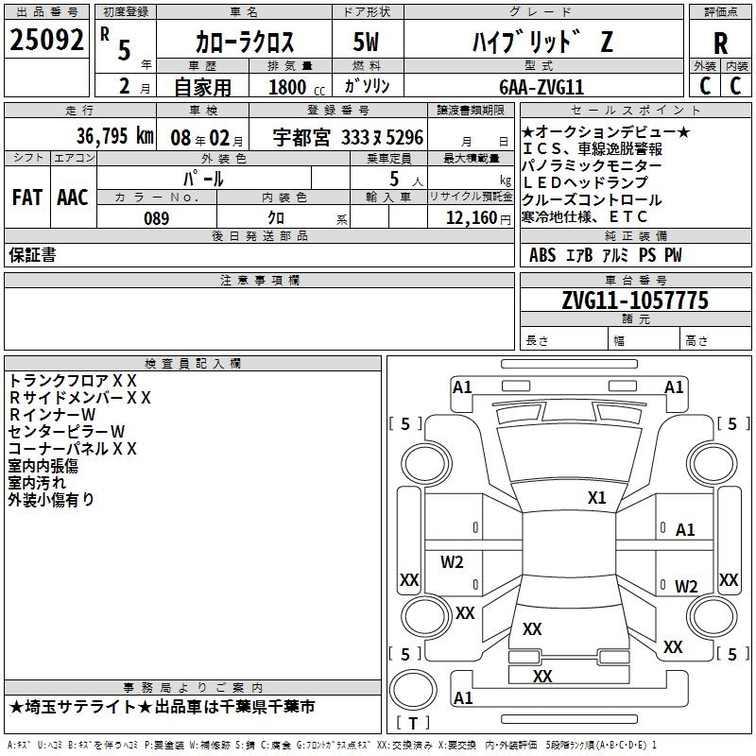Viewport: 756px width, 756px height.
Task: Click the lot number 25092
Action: coord(47,41)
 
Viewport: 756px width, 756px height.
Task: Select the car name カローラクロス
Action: coord(244,43)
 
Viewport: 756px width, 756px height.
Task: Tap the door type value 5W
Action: coord(367,43)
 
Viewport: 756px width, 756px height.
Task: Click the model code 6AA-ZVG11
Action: coord(541,87)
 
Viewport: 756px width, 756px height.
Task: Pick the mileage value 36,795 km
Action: coord(113,136)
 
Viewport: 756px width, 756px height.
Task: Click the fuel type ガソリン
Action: coord(374,86)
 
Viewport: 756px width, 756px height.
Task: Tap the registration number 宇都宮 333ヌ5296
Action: coord(348,136)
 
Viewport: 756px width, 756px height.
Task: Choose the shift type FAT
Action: coord(26,197)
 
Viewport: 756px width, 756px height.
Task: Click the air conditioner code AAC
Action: coord(73,197)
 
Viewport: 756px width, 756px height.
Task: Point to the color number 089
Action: coord(157,218)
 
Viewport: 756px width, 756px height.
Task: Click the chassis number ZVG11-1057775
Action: coord(634,301)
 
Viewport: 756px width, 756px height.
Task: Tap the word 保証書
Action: coord(32,255)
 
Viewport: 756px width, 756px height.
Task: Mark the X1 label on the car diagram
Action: coord(596,497)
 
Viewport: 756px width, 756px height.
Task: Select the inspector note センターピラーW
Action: coord(67,431)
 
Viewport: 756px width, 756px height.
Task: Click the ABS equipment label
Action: coord(542,255)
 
